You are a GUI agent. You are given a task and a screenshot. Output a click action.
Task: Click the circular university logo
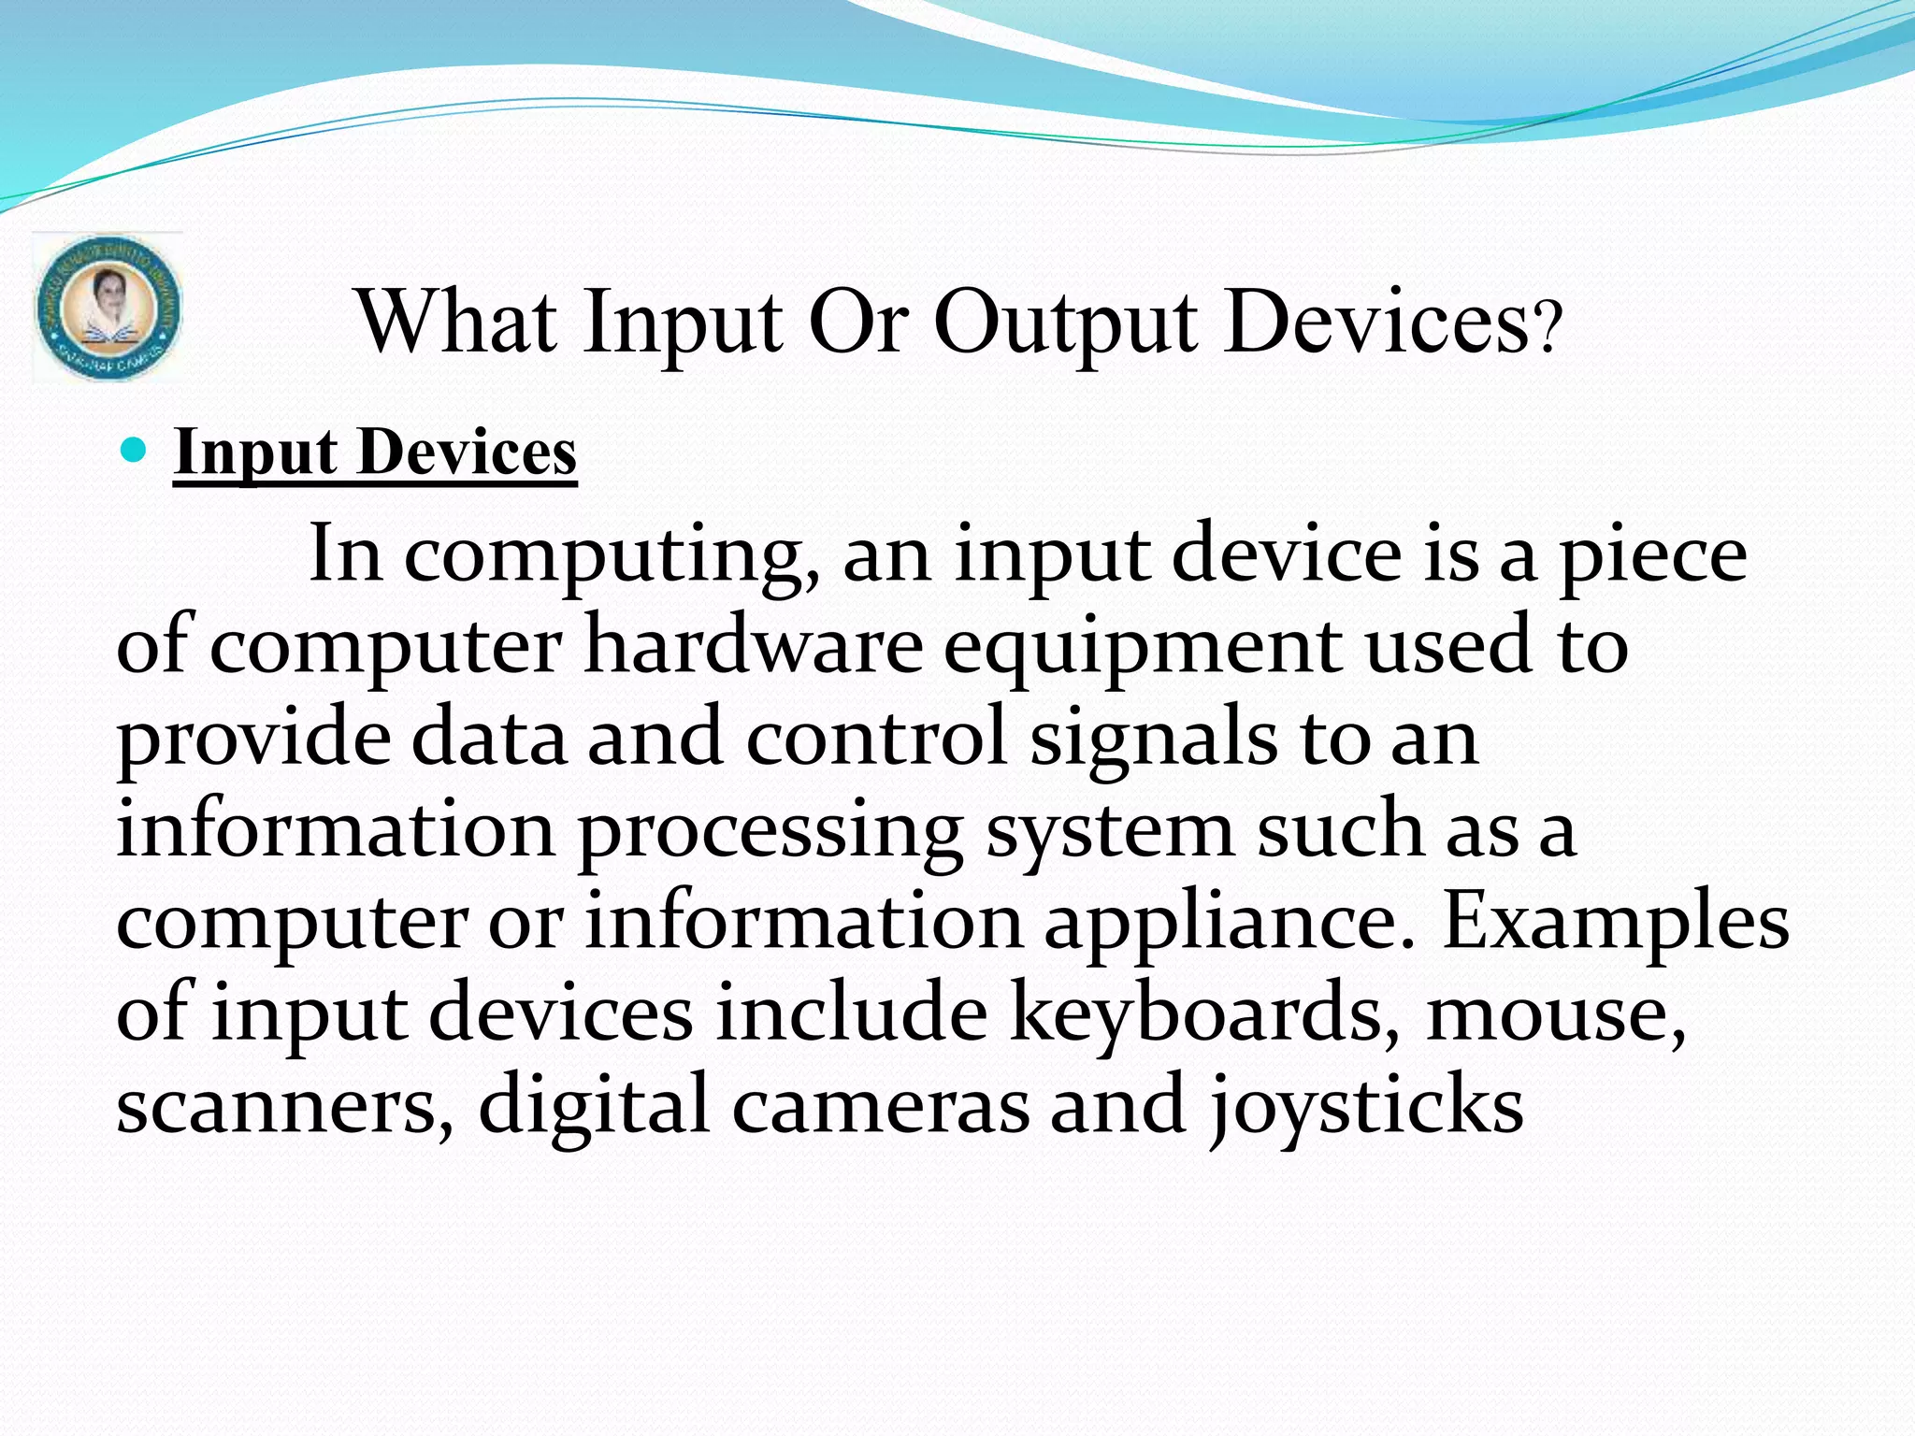[x=108, y=308]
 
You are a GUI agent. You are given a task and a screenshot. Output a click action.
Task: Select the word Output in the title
[x=1065, y=323]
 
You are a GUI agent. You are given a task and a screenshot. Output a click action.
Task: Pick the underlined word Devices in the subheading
[x=467, y=452]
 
